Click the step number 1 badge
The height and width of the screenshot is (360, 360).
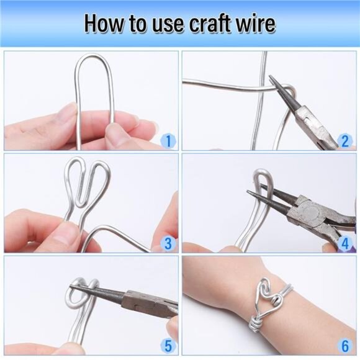tap(168, 140)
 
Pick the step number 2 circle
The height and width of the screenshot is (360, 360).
tap(346, 140)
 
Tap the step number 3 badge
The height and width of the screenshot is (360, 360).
tap(168, 243)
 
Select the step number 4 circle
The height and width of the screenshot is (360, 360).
tap(346, 243)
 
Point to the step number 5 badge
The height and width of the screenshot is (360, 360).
tap(168, 345)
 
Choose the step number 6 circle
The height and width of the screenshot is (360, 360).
tap(346, 345)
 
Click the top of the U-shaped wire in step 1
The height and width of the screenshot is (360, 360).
tap(94, 57)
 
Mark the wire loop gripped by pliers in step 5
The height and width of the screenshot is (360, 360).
tap(88, 292)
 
